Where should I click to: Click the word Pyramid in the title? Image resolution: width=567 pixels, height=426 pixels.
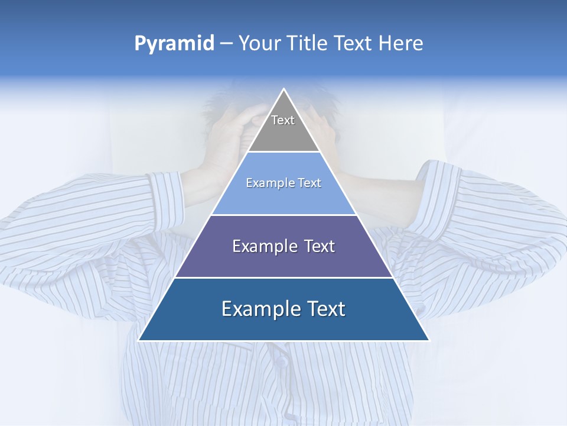coord(174,44)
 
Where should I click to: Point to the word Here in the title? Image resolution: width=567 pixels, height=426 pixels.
coord(401,44)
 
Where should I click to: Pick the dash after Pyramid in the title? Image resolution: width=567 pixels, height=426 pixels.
coord(226,44)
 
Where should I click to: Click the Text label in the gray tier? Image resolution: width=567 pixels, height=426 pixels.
coord(283,120)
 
